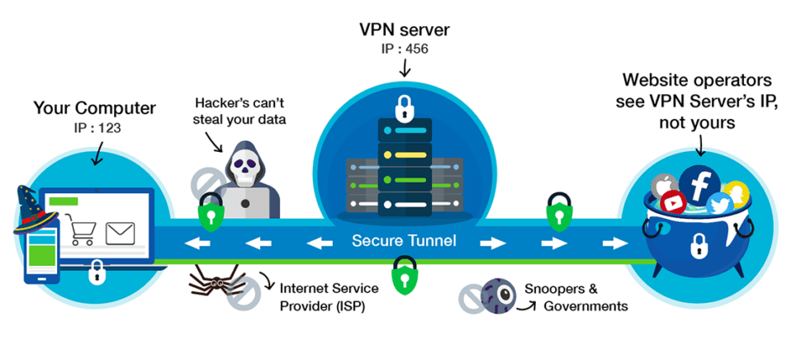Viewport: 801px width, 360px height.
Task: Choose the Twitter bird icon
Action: (719, 204)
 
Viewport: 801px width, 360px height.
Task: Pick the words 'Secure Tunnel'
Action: (404, 241)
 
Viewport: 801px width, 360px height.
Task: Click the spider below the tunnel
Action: (216, 281)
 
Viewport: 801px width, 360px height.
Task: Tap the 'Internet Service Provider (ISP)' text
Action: (329, 297)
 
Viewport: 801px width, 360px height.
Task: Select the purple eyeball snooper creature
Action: (498, 295)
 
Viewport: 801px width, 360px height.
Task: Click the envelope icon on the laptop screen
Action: (119, 234)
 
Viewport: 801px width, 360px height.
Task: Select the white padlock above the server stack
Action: (404, 108)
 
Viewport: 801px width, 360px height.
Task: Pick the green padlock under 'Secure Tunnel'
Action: (404, 272)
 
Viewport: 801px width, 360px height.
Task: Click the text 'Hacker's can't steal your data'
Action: (240, 111)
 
